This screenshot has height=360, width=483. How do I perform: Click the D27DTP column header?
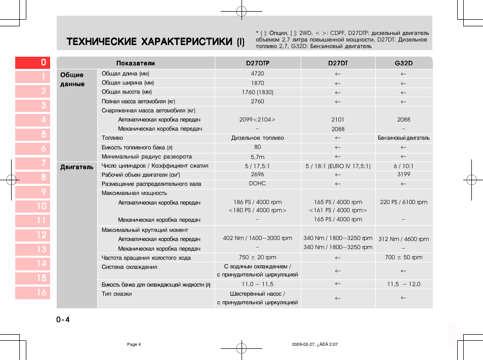pos(258,63)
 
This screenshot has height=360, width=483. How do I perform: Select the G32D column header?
pos(404,63)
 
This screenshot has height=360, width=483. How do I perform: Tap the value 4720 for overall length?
pos(258,74)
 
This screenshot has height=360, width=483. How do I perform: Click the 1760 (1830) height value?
pos(258,92)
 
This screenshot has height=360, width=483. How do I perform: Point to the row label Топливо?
pos(112,138)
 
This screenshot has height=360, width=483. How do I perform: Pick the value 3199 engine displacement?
pos(404,174)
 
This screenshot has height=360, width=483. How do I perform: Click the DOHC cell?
pos(258,183)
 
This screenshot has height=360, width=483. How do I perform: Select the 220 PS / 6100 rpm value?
pos(404,202)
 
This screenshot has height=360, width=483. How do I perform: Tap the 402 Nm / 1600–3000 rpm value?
pos(258,238)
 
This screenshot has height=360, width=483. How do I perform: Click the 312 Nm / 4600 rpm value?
pos(404,239)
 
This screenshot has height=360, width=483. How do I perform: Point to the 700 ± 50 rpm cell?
pos(404,257)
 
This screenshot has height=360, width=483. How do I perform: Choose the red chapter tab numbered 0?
pos(32,62)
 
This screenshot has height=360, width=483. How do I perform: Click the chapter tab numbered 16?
pos(32,293)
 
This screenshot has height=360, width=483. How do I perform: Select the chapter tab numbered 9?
pos(32,192)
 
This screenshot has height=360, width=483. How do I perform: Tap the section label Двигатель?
pos(77,167)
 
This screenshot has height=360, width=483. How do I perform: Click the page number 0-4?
pos(63,319)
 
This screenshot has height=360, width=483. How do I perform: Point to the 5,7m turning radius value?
pos(258,157)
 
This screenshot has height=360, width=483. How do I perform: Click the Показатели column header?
pos(136,63)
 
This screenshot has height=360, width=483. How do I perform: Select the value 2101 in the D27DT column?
pos(338,119)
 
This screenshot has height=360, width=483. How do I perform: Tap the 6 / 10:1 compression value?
pos(404,166)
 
